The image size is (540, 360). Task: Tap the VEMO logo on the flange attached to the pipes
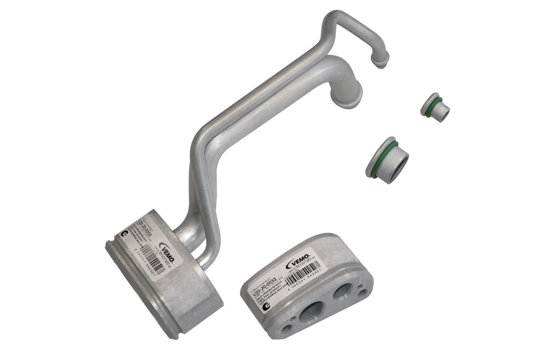168,251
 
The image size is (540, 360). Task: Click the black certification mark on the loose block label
265,307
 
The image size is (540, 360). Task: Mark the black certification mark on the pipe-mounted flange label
125,234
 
